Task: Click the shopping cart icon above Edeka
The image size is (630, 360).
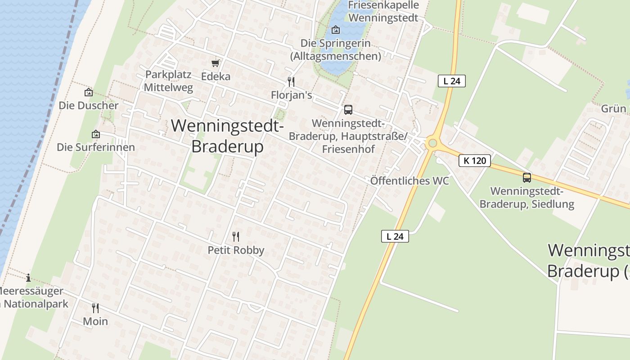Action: (x=216, y=63)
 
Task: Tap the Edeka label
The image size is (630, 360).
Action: (x=216, y=76)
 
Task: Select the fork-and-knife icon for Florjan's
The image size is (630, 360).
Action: (x=291, y=81)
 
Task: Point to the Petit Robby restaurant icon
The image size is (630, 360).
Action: (x=236, y=236)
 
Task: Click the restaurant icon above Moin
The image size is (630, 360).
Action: (x=95, y=308)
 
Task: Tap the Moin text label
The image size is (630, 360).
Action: (x=95, y=321)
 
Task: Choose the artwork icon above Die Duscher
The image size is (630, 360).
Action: (x=89, y=92)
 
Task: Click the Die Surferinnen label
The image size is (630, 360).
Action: (x=95, y=147)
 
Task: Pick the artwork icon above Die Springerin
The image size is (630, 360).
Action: (x=335, y=30)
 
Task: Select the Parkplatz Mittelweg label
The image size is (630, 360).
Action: (x=168, y=81)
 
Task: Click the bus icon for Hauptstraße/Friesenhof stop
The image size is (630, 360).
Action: (x=348, y=109)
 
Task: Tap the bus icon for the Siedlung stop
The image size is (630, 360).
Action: (x=527, y=177)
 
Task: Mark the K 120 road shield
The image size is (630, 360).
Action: (x=474, y=160)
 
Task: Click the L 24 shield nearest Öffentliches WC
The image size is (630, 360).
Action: (x=395, y=236)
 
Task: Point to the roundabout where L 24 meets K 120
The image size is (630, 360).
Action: (x=432, y=143)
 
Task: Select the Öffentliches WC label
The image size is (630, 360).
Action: (x=409, y=181)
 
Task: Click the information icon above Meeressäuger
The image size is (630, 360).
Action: (x=28, y=277)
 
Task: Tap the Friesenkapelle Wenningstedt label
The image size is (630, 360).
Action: (x=383, y=12)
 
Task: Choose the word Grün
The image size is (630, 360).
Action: (x=613, y=108)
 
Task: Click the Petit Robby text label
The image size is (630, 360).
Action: (x=236, y=250)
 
